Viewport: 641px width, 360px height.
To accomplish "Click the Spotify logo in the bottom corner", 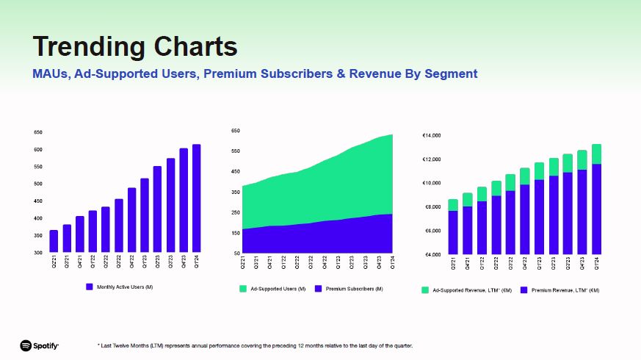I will pyautogui.click(x=39, y=345).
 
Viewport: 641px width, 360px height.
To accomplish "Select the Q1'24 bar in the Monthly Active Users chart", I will pyautogui.click(x=196, y=198).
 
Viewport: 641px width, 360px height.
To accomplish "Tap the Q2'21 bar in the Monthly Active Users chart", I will pyautogui.click(x=54, y=241).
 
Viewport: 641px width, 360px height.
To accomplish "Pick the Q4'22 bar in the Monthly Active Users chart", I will pyautogui.click(x=132, y=220).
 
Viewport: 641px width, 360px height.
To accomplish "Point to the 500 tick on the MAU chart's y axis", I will pyautogui.click(x=37, y=184).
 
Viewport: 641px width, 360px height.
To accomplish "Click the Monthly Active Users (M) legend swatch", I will pyautogui.click(x=90, y=287).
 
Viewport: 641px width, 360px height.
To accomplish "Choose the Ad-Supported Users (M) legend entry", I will pyautogui.click(x=272, y=289).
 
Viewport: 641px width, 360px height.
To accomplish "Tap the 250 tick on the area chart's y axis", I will pyautogui.click(x=236, y=212).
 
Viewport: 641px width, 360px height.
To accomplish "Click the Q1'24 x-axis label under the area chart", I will pyautogui.click(x=393, y=262).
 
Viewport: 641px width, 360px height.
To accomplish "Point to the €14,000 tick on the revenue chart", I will pyautogui.click(x=431, y=136).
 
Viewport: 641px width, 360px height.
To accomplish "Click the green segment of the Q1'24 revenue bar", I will pyautogui.click(x=596, y=154).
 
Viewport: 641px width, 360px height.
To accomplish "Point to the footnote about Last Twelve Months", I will pyautogui.click(x=255, y=345).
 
